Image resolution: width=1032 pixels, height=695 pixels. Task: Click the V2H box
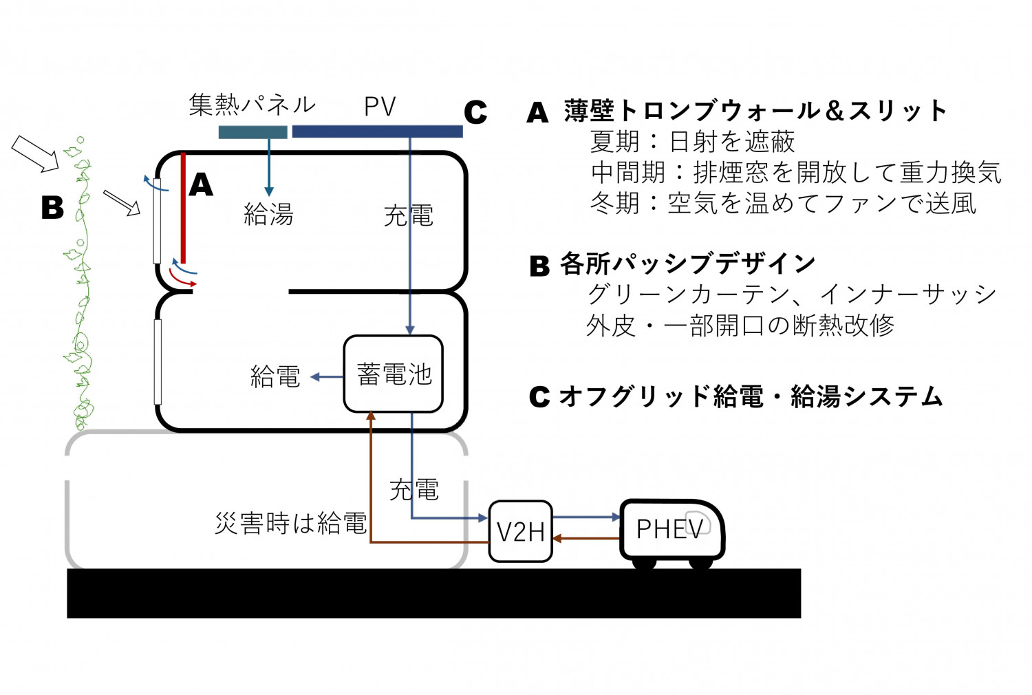coord(520,531)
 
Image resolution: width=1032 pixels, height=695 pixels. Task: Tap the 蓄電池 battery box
coord(394,374)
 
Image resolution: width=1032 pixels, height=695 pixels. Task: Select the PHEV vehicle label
coord(669,529)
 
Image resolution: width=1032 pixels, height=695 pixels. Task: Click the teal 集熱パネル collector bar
coord(252,132)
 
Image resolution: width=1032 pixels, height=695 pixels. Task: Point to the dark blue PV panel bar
coord(377,131)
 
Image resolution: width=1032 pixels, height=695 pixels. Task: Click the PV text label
coord(380,107)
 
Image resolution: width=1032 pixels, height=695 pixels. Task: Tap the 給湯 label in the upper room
coord(268,215)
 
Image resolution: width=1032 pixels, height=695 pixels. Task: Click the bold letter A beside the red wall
coord(201,184)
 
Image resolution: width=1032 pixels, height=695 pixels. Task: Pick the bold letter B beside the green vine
coord(52,208)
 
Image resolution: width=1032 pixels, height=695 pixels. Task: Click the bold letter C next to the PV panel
coord(475,113)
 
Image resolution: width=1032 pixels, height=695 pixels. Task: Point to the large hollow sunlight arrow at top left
coord(36,153)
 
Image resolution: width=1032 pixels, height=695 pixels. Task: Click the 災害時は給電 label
coord(290,524)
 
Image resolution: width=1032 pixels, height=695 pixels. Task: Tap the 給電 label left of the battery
coord(275,376)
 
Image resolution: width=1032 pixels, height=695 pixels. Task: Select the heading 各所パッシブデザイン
coord(687,264)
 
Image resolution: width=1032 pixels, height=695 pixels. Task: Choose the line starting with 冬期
coord(783,204)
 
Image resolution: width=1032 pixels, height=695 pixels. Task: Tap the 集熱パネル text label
coord(252,105)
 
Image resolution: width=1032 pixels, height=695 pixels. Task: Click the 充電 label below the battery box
coord(413,490)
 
